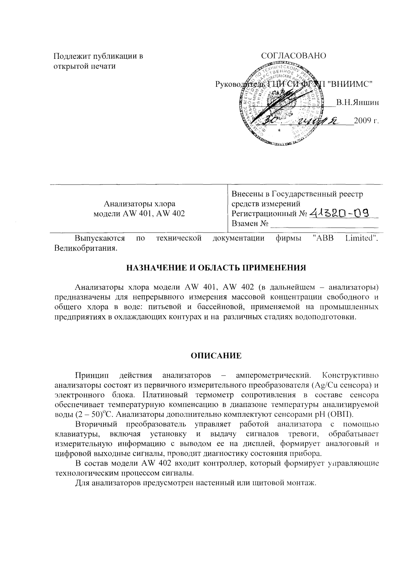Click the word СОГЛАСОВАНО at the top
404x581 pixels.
(294, 56)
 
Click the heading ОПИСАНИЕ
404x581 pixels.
(216, 355)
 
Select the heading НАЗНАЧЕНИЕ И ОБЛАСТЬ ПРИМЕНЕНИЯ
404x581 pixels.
(216, 268)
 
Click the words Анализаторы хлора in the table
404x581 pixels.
(139, 204)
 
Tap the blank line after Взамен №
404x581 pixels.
(324, 225)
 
